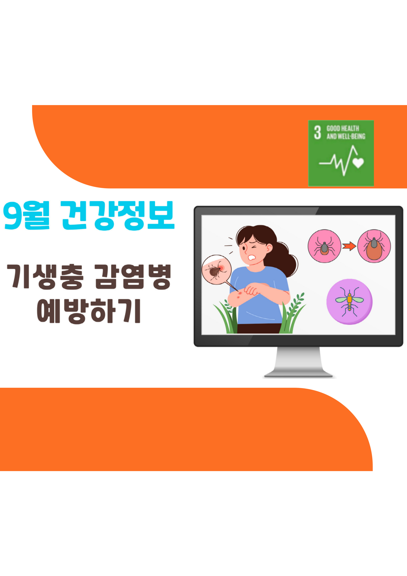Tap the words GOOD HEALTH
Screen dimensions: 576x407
(342, 128)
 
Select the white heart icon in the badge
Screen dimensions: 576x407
(358, 163)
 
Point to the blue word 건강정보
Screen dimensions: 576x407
(117, 216)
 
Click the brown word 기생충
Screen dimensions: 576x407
(45, 277)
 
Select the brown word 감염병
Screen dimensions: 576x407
(133, 277)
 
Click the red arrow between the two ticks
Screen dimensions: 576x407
(349, 246)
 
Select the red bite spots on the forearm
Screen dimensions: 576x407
(239, 294)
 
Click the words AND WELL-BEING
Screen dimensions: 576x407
(346, 136)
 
